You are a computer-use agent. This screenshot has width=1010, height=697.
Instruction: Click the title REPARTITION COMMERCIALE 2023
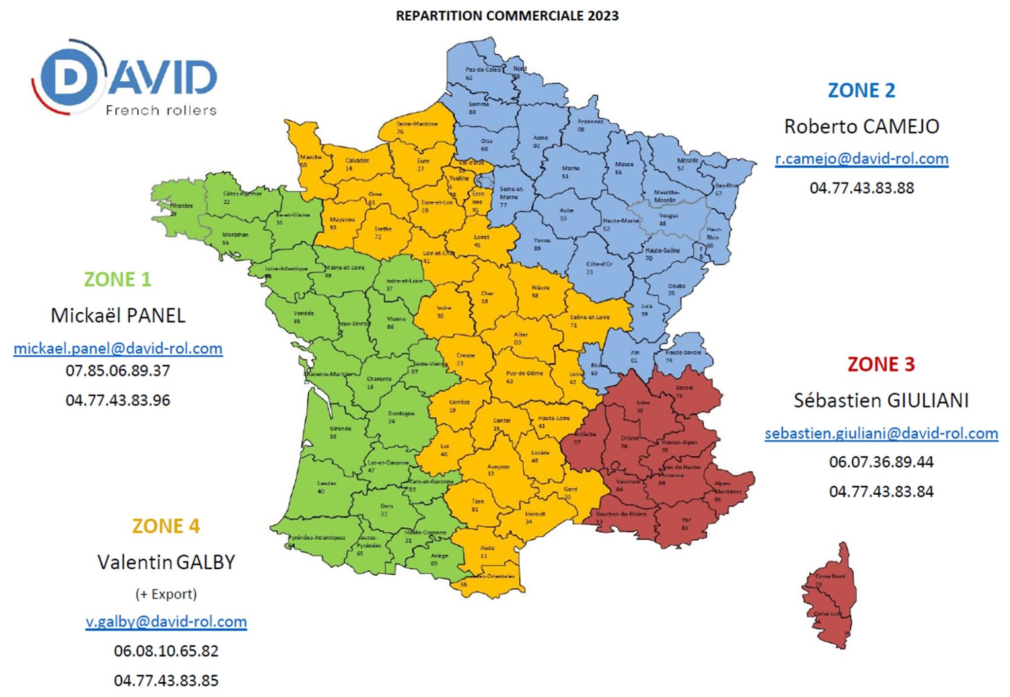[x=507, y=16]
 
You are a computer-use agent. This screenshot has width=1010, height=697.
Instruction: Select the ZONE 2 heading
[x=861, y=90]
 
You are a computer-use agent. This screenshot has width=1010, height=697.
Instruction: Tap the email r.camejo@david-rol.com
[x=861, y=158]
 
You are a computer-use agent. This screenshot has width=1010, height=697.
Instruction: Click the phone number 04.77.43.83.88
[x=861, y=188]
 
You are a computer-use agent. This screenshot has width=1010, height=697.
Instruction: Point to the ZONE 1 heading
[x=117, y=279]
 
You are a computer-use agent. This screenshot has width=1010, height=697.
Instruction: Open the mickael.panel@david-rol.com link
[x=118, y=348]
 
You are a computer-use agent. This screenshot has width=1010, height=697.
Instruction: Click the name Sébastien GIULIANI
[x=881, y=400]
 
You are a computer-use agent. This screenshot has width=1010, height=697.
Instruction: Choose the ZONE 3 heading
[x=881, y=364]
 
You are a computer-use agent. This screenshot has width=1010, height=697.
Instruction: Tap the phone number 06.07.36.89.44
[x=881, y=462]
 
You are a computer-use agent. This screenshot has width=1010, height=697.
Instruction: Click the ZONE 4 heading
[x=166, y=526]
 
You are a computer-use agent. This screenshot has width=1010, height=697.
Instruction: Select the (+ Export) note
[x=166, y=594]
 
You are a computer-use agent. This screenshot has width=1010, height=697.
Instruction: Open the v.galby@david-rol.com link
[x=166, y=622]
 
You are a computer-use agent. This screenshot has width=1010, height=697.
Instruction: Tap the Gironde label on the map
[x=340, y=429]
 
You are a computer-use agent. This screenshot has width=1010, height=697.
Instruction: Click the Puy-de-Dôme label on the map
[x=524, y=374]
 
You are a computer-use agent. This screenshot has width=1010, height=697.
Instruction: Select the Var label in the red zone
[x=686, y=520]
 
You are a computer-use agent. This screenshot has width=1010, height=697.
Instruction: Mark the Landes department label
[x=326, y=484]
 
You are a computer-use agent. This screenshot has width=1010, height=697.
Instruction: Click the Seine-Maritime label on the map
[x=417, y=124]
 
